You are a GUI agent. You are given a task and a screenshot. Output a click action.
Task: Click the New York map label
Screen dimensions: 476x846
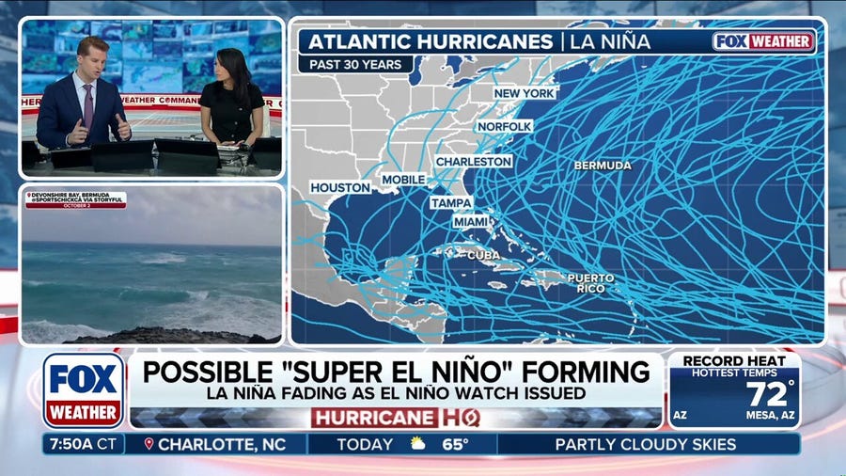[x=525, y=93]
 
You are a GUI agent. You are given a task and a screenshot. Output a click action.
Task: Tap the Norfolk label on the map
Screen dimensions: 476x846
[x=505, y=126]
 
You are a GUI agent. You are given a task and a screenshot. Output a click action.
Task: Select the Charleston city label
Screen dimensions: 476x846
[x=474, y=162]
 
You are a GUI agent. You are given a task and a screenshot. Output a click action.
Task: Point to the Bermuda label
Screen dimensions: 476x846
[x=603, y=166]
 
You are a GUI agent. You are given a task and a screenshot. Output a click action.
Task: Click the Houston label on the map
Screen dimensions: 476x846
[x=339, y=188]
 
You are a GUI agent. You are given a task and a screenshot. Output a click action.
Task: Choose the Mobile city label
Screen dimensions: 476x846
[x=403, y=180]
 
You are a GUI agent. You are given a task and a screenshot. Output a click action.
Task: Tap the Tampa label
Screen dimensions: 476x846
[x=451, y=202]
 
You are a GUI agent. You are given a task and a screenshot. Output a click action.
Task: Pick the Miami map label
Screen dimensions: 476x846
[x=471, y=222]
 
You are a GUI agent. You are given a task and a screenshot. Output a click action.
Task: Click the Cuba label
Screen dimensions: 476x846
[x=483, y=255]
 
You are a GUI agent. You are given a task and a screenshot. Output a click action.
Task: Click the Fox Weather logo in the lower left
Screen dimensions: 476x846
[x=84, y=389]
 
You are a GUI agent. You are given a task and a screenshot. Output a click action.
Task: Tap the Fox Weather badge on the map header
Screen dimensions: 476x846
[x=763, y=41]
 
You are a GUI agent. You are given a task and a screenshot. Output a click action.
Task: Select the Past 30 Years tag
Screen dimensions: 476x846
[x=357, y=65]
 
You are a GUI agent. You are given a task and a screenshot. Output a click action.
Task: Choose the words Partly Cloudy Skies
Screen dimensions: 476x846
[x=646, y=444]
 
